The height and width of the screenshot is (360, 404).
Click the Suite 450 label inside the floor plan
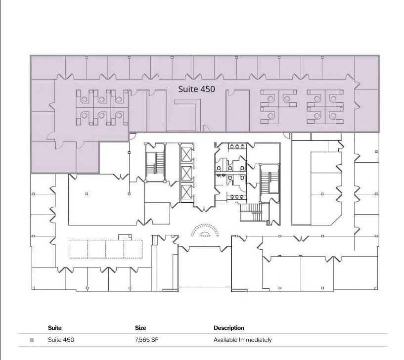click(196, 89)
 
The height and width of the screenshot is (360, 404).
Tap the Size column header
click(140, 328)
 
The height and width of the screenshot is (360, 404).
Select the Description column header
click(228, 328)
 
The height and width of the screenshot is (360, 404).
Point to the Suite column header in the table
click(55, 328)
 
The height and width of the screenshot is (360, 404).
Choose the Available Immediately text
click(242, 340)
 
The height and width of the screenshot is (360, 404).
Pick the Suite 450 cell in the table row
click(61, 340)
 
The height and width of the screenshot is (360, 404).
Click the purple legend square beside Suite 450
click(32, 340)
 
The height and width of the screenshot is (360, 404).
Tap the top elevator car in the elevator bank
click(187, 153)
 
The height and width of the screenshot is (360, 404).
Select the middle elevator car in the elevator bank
click(187, 173)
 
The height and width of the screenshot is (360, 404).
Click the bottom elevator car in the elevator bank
click(187, 192)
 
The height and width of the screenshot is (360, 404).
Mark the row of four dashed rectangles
click(105, 249)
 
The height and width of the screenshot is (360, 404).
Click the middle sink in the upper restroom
click(238, 146)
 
